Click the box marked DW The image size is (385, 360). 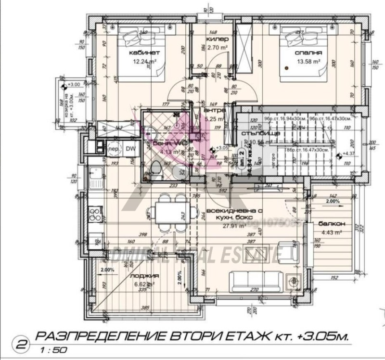point(130,149)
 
